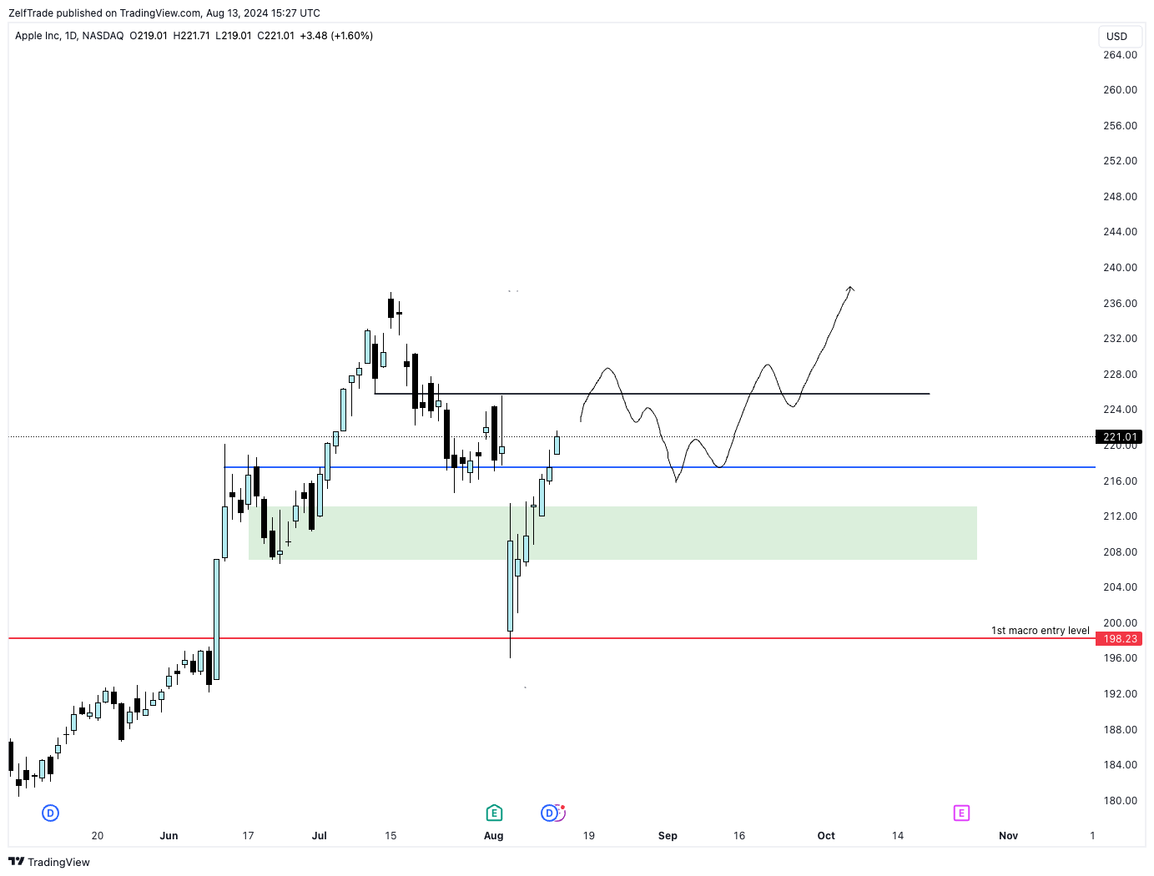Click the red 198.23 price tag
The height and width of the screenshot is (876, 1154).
pyautogui.click(x=1119, y=639)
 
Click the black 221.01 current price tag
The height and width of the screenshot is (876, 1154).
pyautogui.click(x=1119, y=437)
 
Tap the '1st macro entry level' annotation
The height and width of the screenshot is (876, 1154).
pyautogui.click(x=1040, y=631)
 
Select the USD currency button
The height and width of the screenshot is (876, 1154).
pyautogui.click(x=1116, y=37)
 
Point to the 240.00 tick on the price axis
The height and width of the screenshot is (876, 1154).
pyautogui.click(x=1120, y=268)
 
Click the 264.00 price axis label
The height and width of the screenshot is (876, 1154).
pyautogui.click(x=1120, y=55)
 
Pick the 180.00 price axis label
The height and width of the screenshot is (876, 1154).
pyautogui.click(x=1120, y=801)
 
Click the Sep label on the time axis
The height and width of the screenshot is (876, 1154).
pyautogui.click(x=668, y=836)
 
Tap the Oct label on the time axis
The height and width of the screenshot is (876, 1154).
pyautogui.click(x=826, y=836)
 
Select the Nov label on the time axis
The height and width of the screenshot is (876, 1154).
pyautogui.click(x=1008, y=836)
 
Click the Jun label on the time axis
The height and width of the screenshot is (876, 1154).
pyautogui.click(x=169, y=836)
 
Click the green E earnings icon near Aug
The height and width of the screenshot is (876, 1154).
pyautogui.click(x=494, y=813)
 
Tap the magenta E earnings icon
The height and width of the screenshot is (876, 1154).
pyautogui.click(x=961, y=813)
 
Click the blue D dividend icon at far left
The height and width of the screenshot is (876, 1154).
pyautogui.click(x=51, y=813)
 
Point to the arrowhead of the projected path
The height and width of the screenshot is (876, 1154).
pyautogui.click(x=850, y=288)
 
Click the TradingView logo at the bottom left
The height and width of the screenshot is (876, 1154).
pyautogui.click(x=49, y=862)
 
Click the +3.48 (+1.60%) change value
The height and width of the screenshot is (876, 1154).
pyautogui.click(x=336, y=36)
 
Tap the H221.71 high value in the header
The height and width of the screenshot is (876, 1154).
pyautogui.click(x=191, y=36)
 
